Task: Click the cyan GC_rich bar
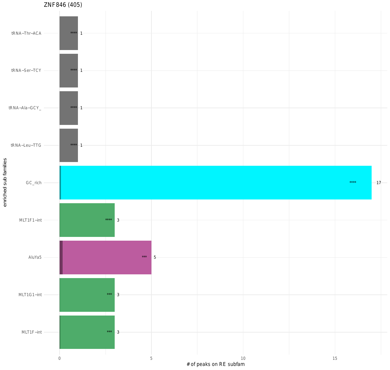coord(215,183)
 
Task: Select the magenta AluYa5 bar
coord(105,257)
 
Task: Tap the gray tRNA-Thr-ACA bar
coord(69,33)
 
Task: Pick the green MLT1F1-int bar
coord(87,220)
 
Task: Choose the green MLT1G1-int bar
coord(87,295)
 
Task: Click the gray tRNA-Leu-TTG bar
coord(69,145)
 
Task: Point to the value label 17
coord(378,183)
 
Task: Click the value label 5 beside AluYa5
coord(155,257)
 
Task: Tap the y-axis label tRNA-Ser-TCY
coord(26,70)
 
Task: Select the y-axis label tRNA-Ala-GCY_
coord(25,108)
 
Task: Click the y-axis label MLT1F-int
coord(32,332)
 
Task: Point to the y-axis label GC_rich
coord(34,183)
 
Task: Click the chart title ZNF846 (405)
coord(63,5)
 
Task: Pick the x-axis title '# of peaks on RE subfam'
coord(215,365)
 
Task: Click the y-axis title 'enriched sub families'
coord(5,182)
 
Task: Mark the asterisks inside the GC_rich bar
coord(353,183)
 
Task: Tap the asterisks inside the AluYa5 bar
coord(144,257)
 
